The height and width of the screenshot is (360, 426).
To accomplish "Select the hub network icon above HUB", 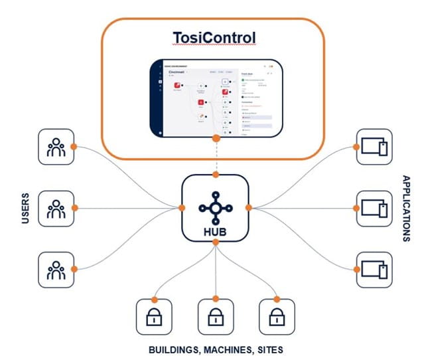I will (x=216, y=207).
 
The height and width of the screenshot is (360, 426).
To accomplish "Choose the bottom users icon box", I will (x=56, y=269).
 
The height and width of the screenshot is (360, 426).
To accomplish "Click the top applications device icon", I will (x=374, y=146).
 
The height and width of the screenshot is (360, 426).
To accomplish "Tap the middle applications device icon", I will (x=374, y=209).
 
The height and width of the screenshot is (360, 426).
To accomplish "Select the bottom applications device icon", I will (x=374, y=269).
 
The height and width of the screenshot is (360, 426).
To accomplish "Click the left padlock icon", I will (x=153, y=316).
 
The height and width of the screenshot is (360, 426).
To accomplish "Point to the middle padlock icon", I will (x=216, y=316).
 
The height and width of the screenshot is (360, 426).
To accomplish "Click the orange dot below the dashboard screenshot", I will (x=216, y=138).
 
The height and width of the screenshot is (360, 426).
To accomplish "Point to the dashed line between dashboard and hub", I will (x=216, y=157).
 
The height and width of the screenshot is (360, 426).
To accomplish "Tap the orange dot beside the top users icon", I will (x=75, y=146).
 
